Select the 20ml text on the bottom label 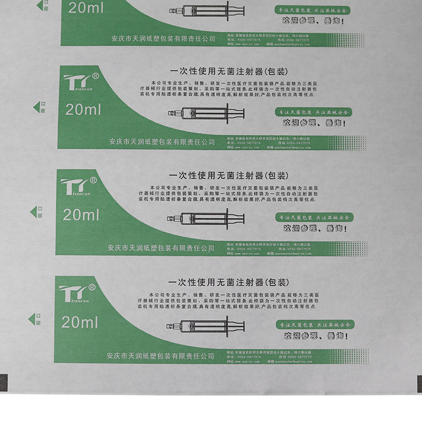(x=80, y=321)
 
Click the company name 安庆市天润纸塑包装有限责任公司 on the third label (x=161, y=247)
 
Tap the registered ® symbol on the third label (x=93, y=180)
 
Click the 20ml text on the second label (x=83, y=109)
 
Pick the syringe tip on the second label (x=171, y=113)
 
